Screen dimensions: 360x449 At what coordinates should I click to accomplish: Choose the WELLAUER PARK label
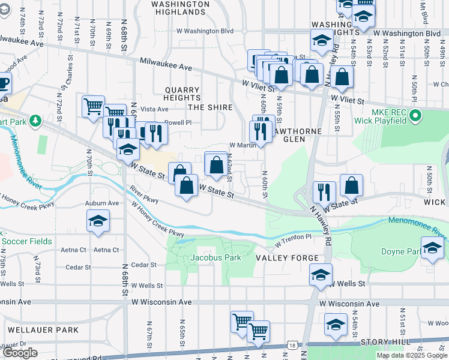[x=43, y=330]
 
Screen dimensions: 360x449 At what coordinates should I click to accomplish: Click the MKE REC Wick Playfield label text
[x=390, y=116]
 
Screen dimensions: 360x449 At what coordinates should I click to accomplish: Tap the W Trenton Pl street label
[x=294, y=241]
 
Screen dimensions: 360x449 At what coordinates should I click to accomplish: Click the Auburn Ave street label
[x=101, y=203]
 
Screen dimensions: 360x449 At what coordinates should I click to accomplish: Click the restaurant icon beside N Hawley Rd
[x=324, y=192]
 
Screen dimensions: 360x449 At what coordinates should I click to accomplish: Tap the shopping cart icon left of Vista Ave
[x=93, y=107]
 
